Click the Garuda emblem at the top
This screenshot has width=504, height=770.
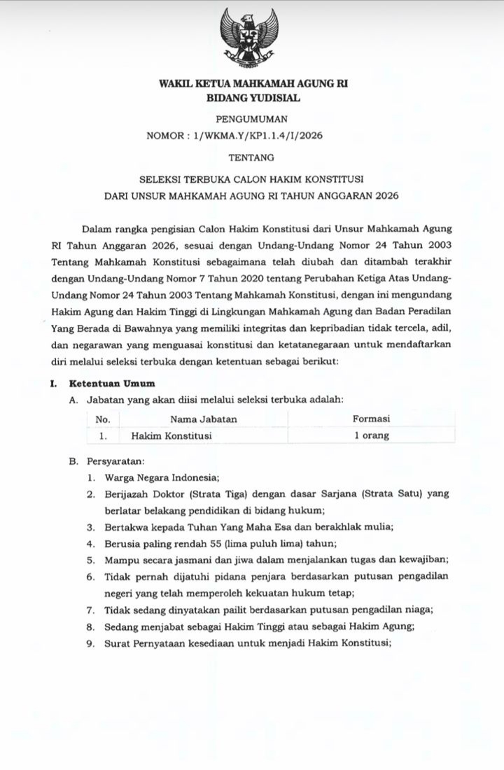(x=252, y=38)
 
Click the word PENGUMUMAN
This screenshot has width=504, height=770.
(x=252, y=120)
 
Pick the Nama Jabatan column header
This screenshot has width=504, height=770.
(x=204, y=419)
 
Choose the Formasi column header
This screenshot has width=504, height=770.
(x=371, y=419)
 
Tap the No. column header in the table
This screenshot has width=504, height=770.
(x=103, y=419)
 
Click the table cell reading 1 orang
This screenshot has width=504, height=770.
(x=371, y=435)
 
